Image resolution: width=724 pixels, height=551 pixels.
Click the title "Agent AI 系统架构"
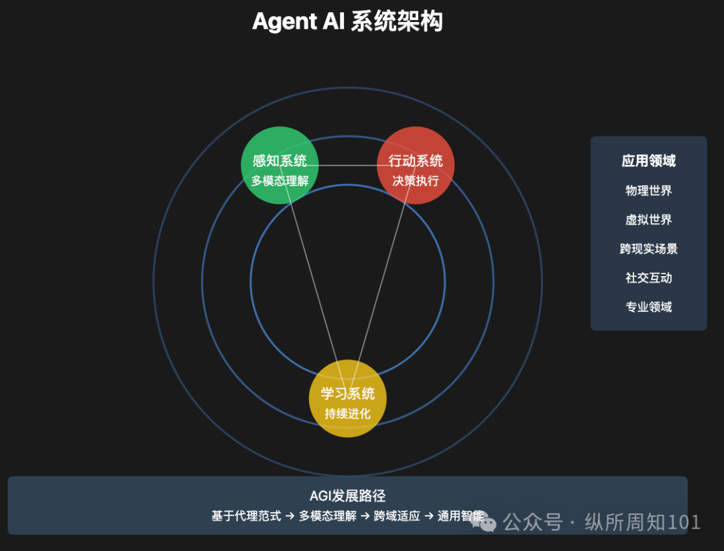point(347,22)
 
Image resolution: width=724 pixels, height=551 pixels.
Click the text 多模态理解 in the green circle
point(280,181)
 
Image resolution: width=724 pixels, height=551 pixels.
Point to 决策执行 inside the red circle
point(416,181)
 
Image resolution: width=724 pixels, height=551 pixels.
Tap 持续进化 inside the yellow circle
point(347,414)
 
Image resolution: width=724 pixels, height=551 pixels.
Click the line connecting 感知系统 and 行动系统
point(347,165)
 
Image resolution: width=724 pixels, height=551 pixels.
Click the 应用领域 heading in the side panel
point(648,161)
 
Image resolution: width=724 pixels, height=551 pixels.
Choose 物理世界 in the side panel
point(648,190)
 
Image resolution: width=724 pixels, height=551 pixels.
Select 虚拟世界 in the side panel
point(648,220)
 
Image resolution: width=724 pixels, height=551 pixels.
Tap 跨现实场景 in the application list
point(648,249)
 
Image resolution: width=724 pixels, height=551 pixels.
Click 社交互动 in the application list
point(648,278)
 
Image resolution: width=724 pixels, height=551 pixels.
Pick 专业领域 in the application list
point(648,307)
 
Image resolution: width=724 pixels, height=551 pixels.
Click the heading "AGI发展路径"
point(347,496)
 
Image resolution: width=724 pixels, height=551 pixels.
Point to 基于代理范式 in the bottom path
point(246,516)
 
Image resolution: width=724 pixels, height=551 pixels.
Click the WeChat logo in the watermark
point(484,521)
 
